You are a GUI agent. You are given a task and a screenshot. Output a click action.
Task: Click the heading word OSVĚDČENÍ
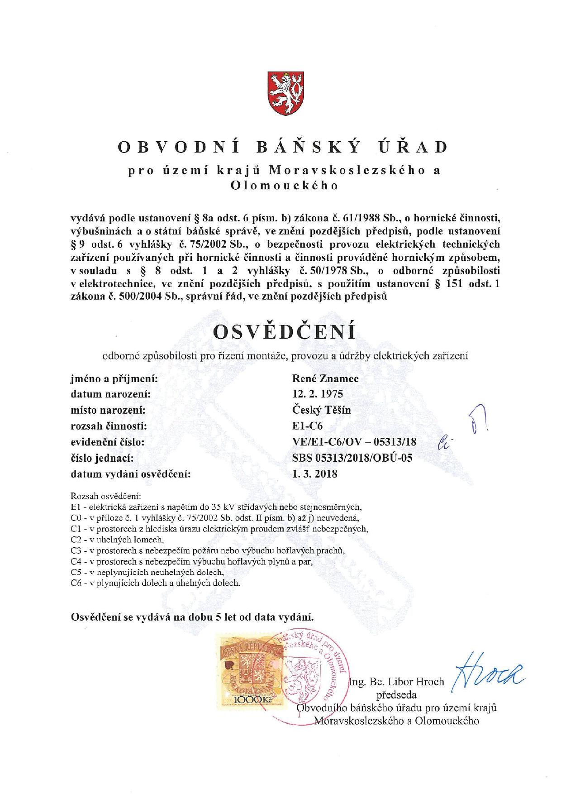(x=284, y=332)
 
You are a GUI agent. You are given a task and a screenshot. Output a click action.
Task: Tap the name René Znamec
(x=325, y=378)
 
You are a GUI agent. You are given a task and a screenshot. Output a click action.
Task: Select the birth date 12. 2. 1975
(x=318, y=394)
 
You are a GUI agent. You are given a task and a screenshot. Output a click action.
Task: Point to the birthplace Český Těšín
(x=322, y=410)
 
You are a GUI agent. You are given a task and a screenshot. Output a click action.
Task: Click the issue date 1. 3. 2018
(x=315, y=474)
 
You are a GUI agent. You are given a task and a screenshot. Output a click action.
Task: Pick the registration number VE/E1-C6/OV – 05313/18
(x=354, y=442)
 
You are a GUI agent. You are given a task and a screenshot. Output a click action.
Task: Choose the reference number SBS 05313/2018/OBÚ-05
(x=352, y=458)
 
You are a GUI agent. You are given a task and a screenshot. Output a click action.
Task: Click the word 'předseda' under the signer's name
(x=396, y=694)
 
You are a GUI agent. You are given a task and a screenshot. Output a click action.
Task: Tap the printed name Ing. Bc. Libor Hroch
(x=396, y=682)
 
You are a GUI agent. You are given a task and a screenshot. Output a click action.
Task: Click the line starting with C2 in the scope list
(x=117, y=540)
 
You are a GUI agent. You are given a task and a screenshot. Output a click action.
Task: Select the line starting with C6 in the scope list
(x=155, y=583)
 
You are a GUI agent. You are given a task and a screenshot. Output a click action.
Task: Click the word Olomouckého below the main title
(x=284, y=186)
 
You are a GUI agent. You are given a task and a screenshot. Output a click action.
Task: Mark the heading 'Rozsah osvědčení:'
(x=106, y=496)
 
